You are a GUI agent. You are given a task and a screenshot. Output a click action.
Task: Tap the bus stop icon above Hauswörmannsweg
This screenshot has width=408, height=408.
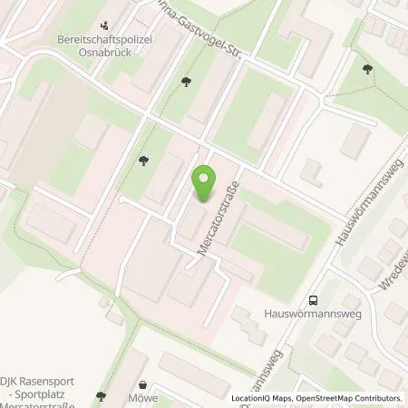[313, 301]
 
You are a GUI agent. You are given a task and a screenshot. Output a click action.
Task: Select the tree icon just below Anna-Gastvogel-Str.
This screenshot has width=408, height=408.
[186, 82]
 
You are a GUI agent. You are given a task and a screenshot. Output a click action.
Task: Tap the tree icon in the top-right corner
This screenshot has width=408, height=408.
[366, 70]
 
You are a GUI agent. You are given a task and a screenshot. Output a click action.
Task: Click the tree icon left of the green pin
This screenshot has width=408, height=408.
[143, 162]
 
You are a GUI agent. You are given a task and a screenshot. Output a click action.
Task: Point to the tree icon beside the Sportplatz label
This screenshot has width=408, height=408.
[101, 396]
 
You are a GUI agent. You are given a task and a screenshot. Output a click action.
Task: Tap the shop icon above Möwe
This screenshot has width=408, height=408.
[143, 384]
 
